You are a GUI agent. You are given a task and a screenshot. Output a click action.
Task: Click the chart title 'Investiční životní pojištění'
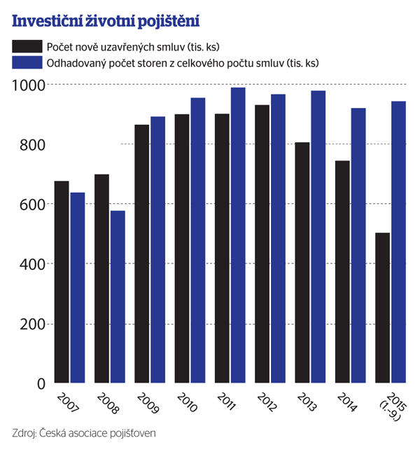point(106,21)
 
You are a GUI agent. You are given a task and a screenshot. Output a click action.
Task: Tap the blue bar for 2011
point(238,235)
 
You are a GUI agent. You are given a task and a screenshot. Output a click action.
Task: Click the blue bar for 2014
point(358,245)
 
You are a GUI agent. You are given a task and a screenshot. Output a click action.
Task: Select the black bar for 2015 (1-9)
point(383,308)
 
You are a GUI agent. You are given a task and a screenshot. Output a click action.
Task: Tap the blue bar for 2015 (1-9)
point(398,242)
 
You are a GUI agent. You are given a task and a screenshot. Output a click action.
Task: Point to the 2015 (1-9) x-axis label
point(389,405)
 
